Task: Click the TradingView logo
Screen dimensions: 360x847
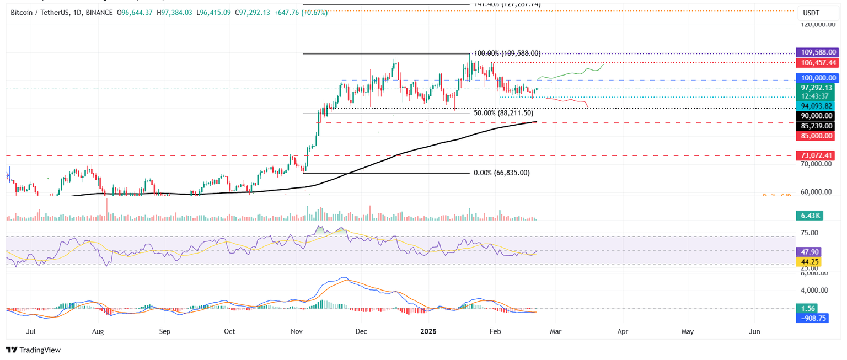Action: tap(33, 350)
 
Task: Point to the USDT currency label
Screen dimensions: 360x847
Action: tap(812, 13)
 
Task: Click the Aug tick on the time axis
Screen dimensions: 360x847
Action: tap(98, 332)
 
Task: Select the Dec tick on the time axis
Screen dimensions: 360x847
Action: tap(362, 332)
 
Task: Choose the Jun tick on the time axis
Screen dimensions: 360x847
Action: tap(755, 332)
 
